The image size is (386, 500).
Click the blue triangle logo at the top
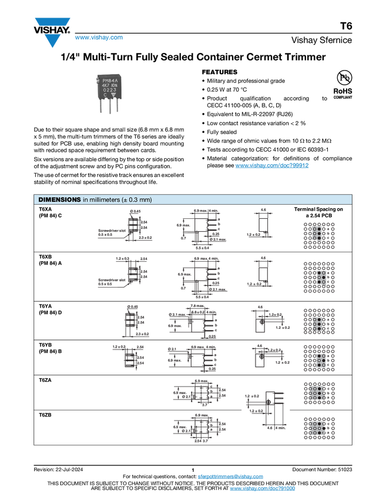[52, 41]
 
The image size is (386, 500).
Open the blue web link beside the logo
[99, 38]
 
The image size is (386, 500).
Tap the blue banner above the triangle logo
[52, 22]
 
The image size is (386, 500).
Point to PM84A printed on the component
[110, 80]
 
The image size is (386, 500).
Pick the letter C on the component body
[105, 95]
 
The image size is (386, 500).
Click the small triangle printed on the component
[113, 95]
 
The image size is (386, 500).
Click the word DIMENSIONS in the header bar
[59, 200]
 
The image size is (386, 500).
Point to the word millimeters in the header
[104, 200]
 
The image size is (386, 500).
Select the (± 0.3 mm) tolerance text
[136, 200]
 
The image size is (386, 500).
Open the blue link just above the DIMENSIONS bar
[272, 165]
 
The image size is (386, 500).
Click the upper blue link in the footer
[230, 476]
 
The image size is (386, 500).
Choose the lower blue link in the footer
[262, 489]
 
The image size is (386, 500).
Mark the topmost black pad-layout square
[319, 235]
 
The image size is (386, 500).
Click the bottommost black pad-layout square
[319, 428]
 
